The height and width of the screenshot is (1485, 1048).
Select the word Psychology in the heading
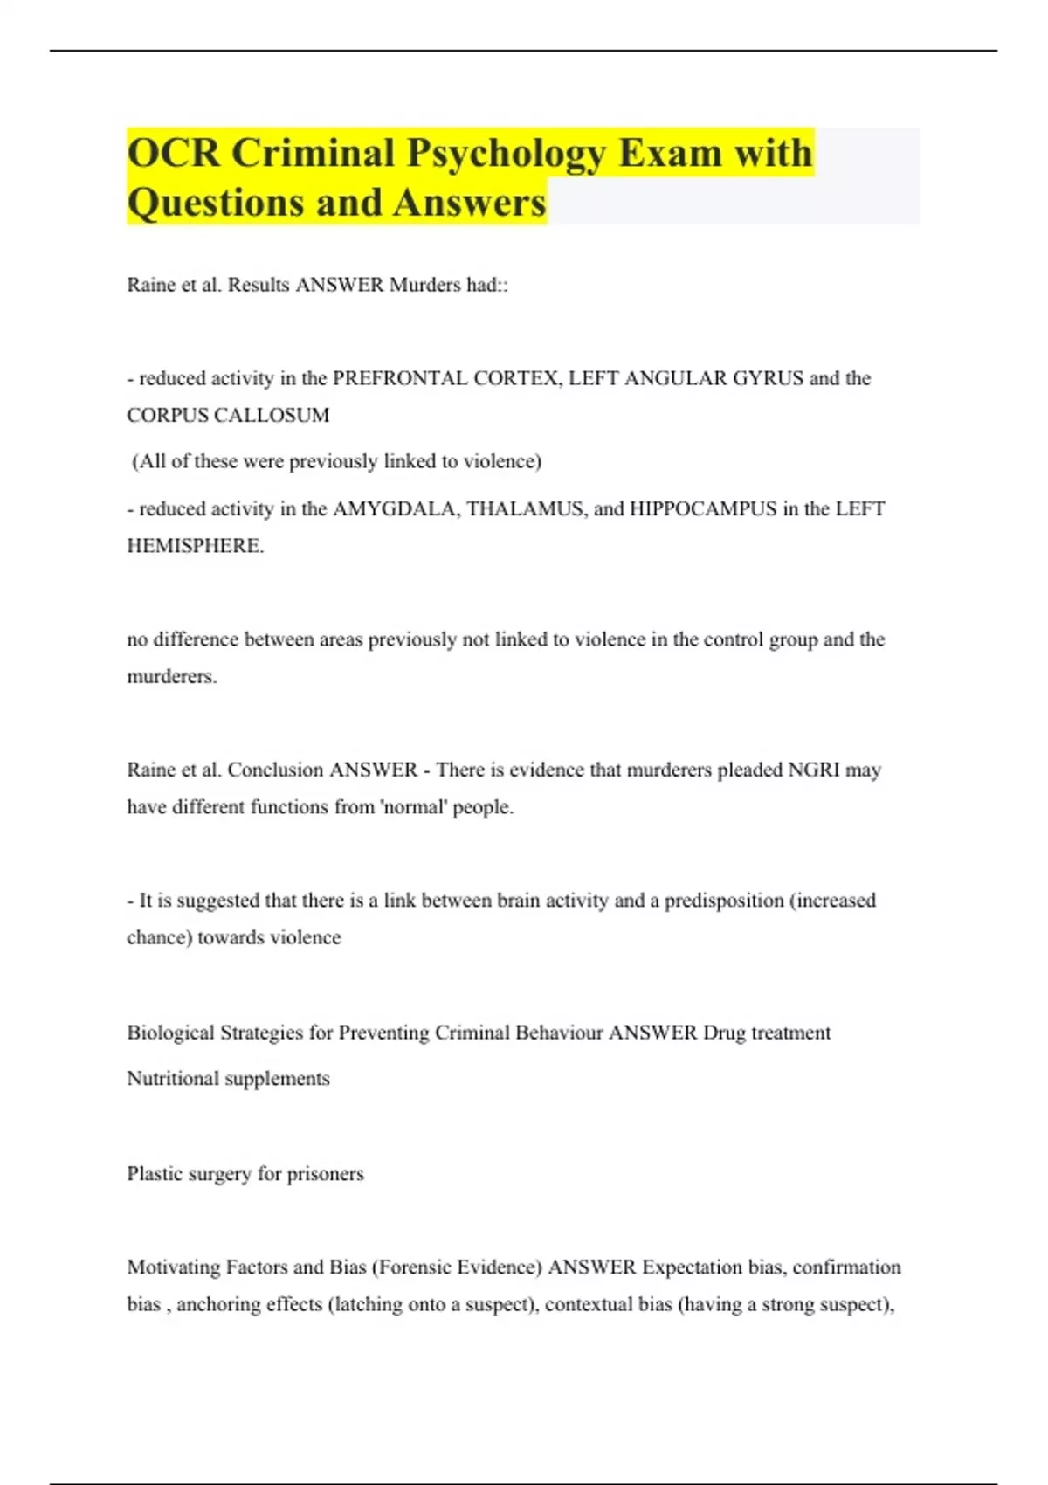tap(506, 155)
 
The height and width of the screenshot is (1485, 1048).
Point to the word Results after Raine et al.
tap(258, 285)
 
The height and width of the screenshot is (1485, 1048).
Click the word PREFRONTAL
tap(400, 378)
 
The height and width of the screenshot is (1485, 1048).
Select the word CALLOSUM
tap(279, 415)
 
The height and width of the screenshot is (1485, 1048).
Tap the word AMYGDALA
tap(395, 508)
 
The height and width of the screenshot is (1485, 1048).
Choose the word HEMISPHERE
tap(195, 546)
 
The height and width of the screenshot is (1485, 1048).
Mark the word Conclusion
tap(275, 770)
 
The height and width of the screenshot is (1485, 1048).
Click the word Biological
tap(170, 1033)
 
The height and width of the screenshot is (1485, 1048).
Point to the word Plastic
tap(154, 1173)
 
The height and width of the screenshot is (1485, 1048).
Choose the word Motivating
tap(174, 1267)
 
